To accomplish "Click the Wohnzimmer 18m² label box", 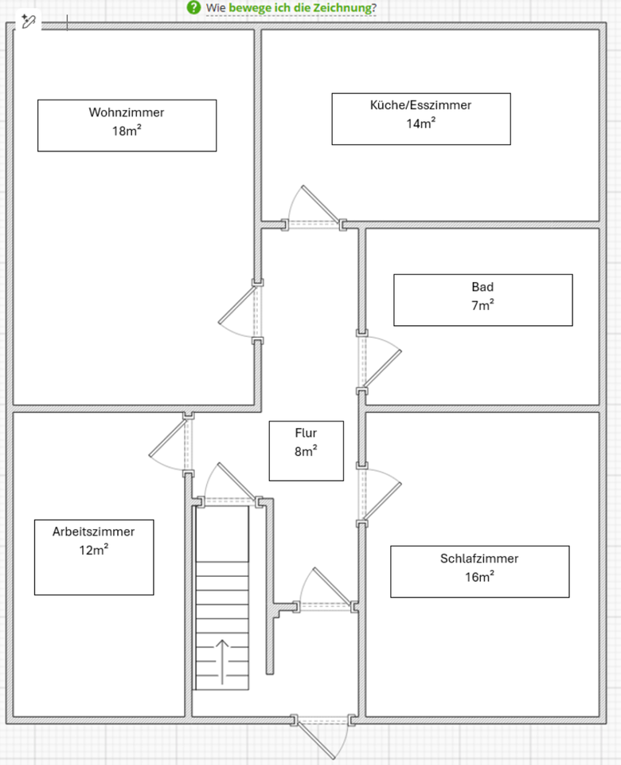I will pos(127,125).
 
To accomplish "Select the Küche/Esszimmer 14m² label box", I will pos(420,119).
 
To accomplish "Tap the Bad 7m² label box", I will pos(482,300).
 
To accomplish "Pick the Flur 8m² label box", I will pos(306,450).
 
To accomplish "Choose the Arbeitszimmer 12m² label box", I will pos(94,556).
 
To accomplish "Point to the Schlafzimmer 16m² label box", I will pos(479,571).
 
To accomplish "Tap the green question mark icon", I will pos(193,8).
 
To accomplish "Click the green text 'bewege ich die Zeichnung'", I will pos(299,9).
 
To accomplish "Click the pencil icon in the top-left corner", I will pos(29,22).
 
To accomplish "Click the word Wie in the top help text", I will pos(215,9).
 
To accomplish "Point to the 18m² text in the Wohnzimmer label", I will pos(127,131).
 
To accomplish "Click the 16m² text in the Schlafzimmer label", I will pos(479,578).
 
